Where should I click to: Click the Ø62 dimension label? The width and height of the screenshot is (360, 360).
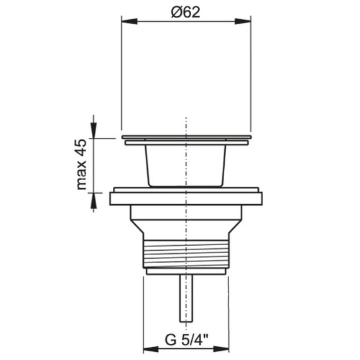point(186,12)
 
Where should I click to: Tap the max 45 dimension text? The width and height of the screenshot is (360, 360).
point(81,164)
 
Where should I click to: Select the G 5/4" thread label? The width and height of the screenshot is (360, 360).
point(186,340)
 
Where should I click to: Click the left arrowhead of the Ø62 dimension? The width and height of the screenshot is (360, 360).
point(130,21)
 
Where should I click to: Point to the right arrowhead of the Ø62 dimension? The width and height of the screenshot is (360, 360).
point(243,21)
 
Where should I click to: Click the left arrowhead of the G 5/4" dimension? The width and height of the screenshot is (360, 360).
point(151,349)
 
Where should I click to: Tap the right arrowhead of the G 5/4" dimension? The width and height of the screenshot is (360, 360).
point(222,349)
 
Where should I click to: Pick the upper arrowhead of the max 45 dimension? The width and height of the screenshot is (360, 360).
point(94,130)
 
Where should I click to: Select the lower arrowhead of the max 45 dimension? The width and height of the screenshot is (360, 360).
point(94,200)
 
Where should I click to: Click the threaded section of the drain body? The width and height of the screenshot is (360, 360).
point(186,254)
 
